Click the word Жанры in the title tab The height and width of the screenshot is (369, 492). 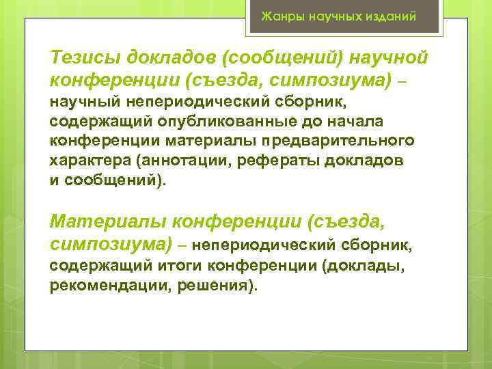[279, 16]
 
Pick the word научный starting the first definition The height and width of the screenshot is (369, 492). [83, 104]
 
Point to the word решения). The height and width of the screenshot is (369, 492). [218, 283]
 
